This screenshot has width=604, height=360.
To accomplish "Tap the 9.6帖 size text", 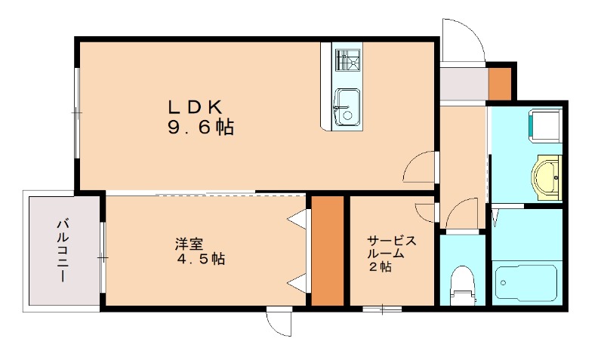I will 200,128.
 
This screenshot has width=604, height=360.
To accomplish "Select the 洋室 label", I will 189,244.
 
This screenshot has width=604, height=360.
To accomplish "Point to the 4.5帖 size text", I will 200,259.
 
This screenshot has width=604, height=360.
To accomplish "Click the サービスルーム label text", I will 391,248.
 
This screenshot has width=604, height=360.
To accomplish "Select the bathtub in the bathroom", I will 527,282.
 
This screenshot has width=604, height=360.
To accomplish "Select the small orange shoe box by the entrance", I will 499,83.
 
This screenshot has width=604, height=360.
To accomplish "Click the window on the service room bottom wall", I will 381,308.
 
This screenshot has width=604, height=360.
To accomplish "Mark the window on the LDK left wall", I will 76,113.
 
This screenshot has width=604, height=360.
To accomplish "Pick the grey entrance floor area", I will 462,84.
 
